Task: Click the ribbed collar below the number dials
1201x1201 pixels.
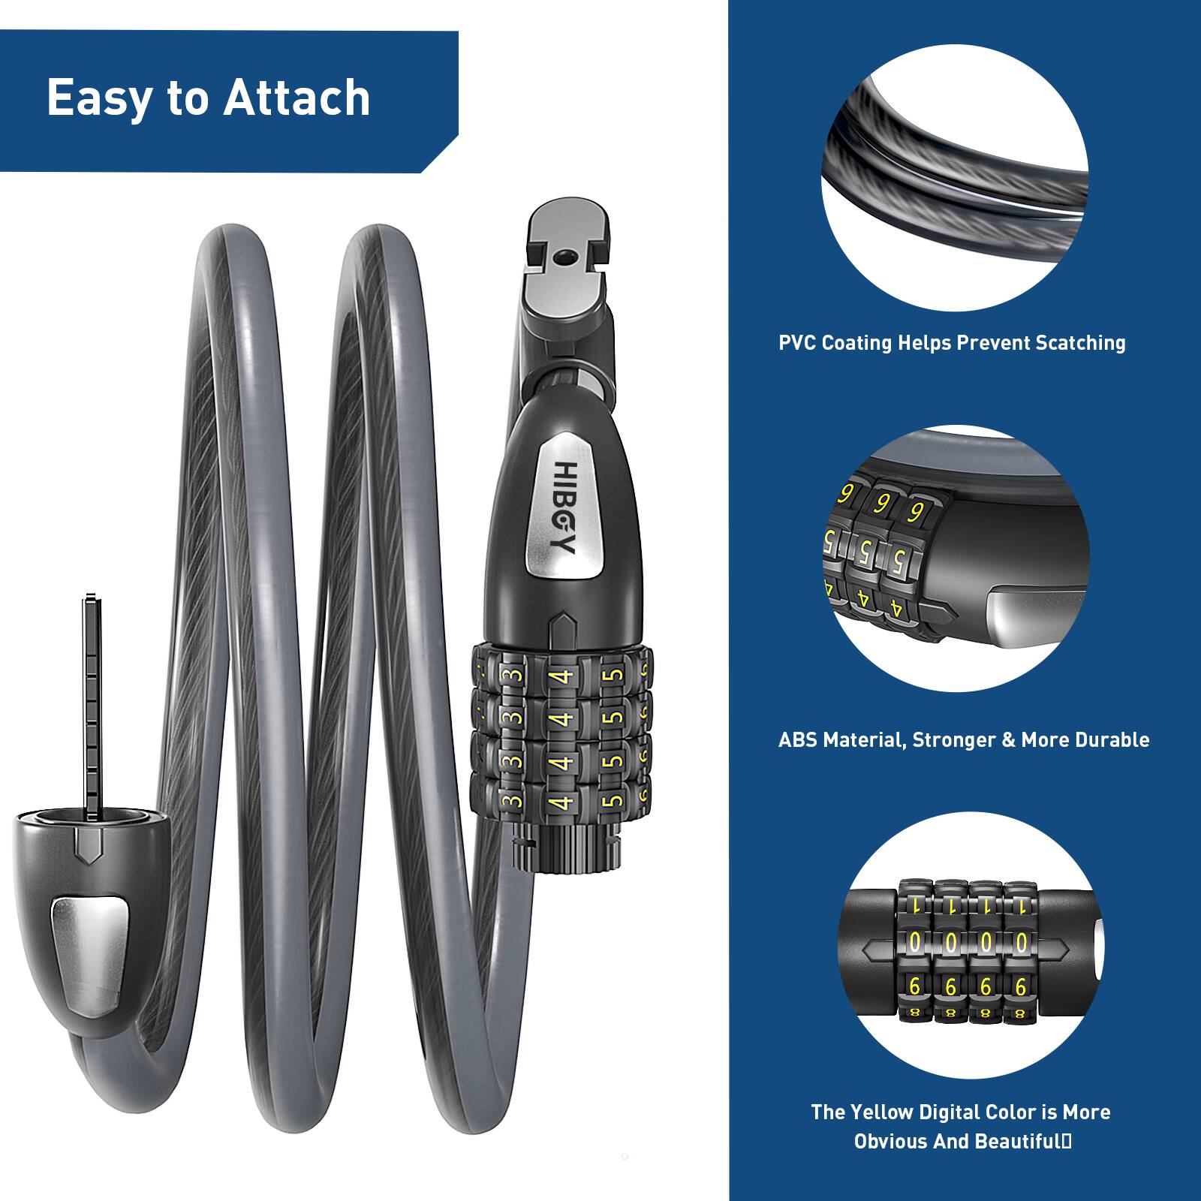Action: [x=567, y=848]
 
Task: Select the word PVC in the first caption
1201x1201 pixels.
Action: [x=797, y=343]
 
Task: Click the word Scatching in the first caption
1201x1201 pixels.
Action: [x=1080, y=343]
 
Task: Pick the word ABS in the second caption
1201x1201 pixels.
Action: [x=798, y=739]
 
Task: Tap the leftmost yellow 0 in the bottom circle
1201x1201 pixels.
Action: [x=915, y=941]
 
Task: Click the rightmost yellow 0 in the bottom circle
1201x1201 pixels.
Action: [x=1020, y=941]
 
